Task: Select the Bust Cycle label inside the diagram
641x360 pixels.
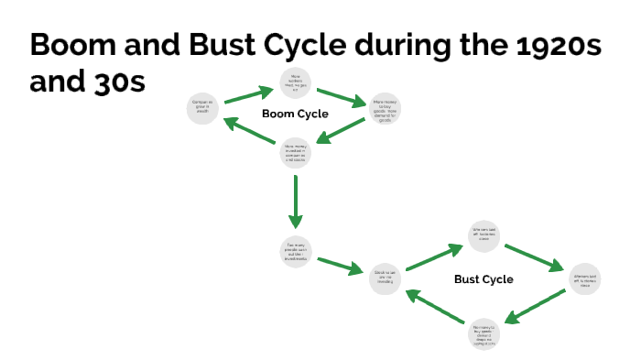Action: coord(483,279)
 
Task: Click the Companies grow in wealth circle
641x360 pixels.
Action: coord(202,109)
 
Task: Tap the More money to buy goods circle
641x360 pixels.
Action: coord(385,109)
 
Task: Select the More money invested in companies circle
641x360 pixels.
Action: coord(296,152)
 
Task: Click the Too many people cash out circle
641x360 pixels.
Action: coord(296,250)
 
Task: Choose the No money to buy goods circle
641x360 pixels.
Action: coord(483,334)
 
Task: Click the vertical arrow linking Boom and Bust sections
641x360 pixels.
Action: coord(295,202)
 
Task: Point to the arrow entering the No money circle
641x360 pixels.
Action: coord(533,308)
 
